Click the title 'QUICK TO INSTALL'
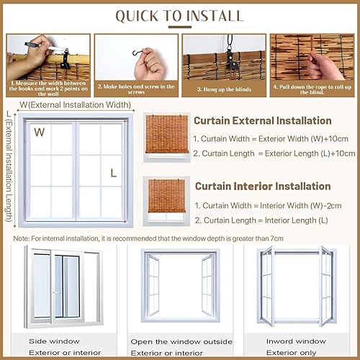pos(179,16)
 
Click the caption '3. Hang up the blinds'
pos(224,89)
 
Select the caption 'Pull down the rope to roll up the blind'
pos(312,89)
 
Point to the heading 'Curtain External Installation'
pos(263,121)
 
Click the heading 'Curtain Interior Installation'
pos(263,186)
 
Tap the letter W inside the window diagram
pos(39,132)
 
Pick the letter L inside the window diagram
pos(114,173)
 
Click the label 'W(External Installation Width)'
pos(76,105)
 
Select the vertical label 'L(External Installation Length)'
pos(9,166)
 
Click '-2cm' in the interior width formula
pos(332,206)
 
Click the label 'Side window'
pos(54,341)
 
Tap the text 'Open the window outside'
pos(181,342)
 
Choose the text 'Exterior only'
pos(291,353)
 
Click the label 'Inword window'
pos(296,341)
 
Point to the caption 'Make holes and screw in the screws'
pos(136,89)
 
